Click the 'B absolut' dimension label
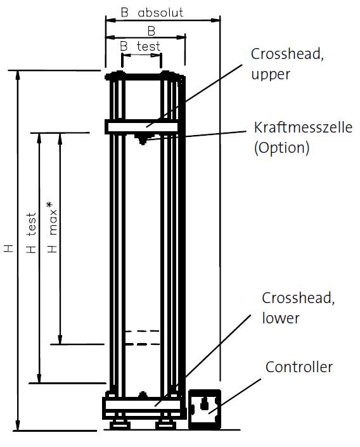pos(152,13)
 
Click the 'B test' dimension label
pos(140,46)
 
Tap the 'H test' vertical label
pos(32,233)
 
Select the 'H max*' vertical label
pos(53,227)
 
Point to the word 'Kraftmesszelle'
pos(303,127)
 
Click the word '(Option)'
pos(281,148)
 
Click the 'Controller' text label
pos(299,367)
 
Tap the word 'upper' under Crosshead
pos(271,74)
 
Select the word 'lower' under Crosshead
pos(281,318)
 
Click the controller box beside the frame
pos(205,409)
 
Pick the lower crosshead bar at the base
pos(142,405)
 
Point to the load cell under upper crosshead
pos(142,139)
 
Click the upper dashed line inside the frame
pos(142,331)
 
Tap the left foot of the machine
pos(120,424)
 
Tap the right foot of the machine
pos(165,424)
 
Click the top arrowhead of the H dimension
pos(18,75)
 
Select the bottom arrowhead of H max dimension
pos(60,339)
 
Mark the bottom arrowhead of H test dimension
pos(39,378)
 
